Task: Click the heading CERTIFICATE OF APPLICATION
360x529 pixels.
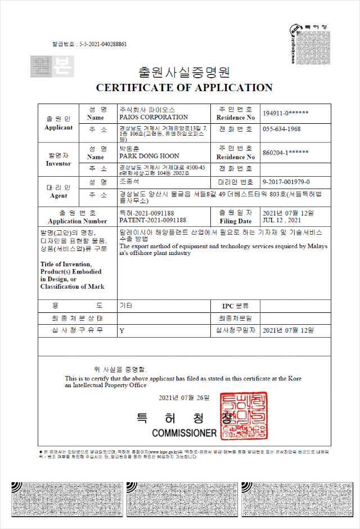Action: click(184, 88)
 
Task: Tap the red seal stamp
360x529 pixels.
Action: click(244, 417)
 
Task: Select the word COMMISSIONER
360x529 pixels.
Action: click(184, 433)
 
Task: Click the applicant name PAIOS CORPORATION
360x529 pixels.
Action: click(154, 117)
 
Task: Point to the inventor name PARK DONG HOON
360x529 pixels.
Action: click(150, 156)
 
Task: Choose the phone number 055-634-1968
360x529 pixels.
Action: click(281, 129)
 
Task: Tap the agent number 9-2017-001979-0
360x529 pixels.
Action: click(286, 182)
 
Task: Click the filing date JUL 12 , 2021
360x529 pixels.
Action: click(282, 221)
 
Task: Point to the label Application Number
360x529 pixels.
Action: click(78, 221)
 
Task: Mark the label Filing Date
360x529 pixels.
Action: click(236, 221)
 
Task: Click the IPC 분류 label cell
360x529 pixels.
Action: click(236, 306)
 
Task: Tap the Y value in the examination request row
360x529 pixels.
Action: click(121, 331)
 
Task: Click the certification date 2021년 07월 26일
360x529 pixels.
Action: click(184, 398)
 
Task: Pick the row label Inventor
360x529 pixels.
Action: click(58, 163)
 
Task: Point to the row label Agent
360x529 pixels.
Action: click(58, 195)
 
